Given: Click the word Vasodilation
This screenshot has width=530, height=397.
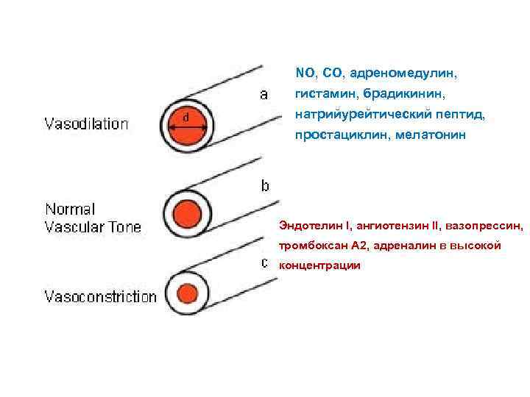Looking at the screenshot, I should point(86,124).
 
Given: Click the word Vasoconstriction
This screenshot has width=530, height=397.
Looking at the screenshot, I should point(101,298).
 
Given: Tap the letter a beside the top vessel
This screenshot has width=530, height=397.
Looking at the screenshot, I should point(263,95).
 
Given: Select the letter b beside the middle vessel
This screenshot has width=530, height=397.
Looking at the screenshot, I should point(264,186).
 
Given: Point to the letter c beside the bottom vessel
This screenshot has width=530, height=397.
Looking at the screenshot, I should point(264,262).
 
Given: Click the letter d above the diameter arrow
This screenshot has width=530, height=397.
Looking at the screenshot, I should point(185,117).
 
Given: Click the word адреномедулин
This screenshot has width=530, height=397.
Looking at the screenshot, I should point(403,74).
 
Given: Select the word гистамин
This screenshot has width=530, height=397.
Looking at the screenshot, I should point(322,95).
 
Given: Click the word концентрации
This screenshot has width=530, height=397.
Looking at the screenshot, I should point(319,265).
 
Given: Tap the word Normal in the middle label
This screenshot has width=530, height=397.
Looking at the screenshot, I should point(71,210).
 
